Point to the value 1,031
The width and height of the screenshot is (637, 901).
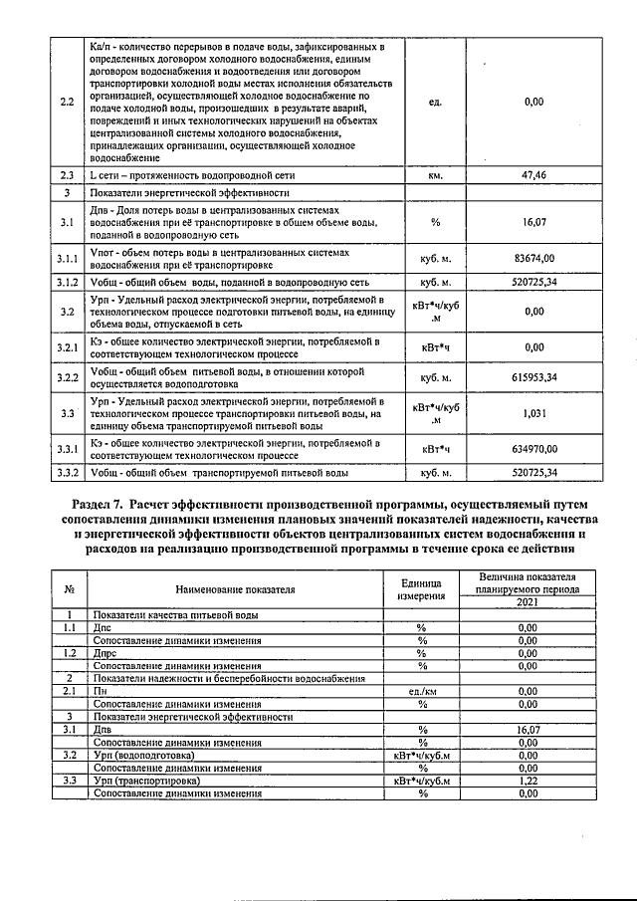533,411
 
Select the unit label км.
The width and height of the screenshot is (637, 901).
435,174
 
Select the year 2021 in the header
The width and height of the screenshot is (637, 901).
528,602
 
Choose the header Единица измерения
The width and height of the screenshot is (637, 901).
422,589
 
